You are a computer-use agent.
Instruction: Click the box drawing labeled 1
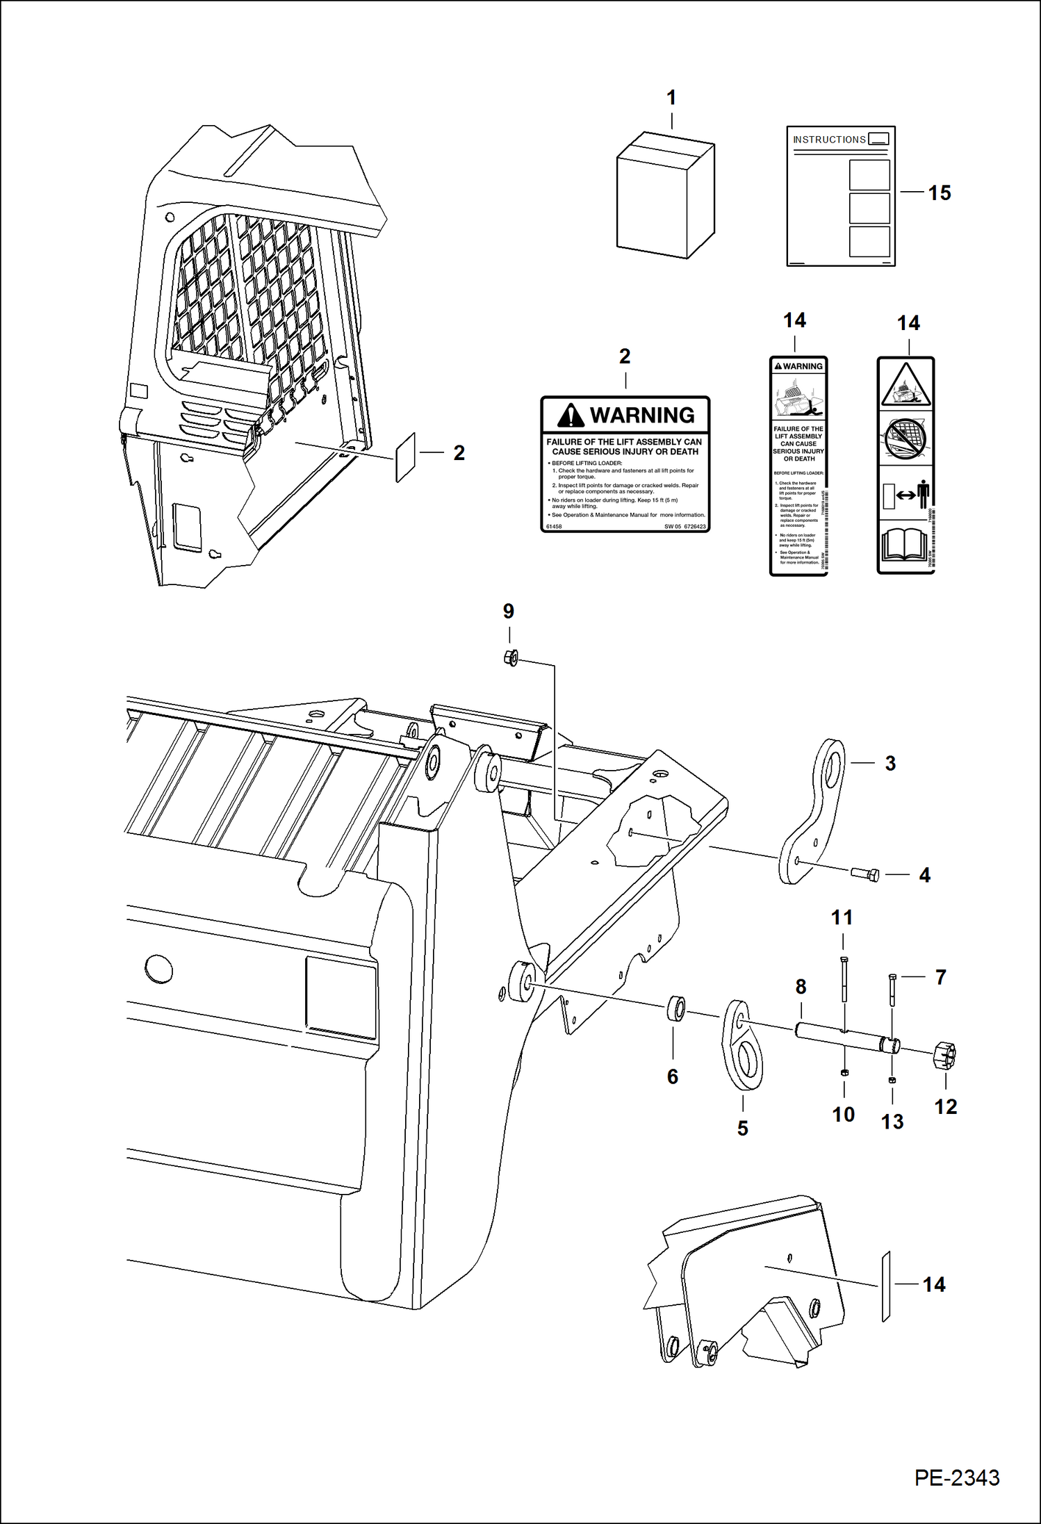click(x=665, y=196)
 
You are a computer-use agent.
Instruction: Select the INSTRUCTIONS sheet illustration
click(x=840, y=196)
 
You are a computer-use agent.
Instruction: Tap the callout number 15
click(x=939, y=193)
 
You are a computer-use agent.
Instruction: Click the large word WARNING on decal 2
click(x=641, y=416)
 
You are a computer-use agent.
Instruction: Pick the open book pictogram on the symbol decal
click(x=905, y=546)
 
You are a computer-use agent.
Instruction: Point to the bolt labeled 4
click(x=865, y=874)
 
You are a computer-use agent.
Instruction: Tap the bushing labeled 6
click(x=675, y=1009)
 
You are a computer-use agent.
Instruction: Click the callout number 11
click(x=842, y=918)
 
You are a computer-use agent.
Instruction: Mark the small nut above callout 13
click(x=892, y=1081)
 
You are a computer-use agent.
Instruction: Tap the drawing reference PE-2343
click(x=956, y=1477)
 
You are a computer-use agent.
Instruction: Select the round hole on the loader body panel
click(x=159, y=968)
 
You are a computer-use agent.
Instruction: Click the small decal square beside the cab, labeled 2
click(x=405, y=457)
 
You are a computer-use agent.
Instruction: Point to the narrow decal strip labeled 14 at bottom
click(x=886, y=1287)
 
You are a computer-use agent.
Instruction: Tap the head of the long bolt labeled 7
click(x=892, y=978)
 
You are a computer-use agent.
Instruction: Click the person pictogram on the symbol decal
click(x=923, y=495)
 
